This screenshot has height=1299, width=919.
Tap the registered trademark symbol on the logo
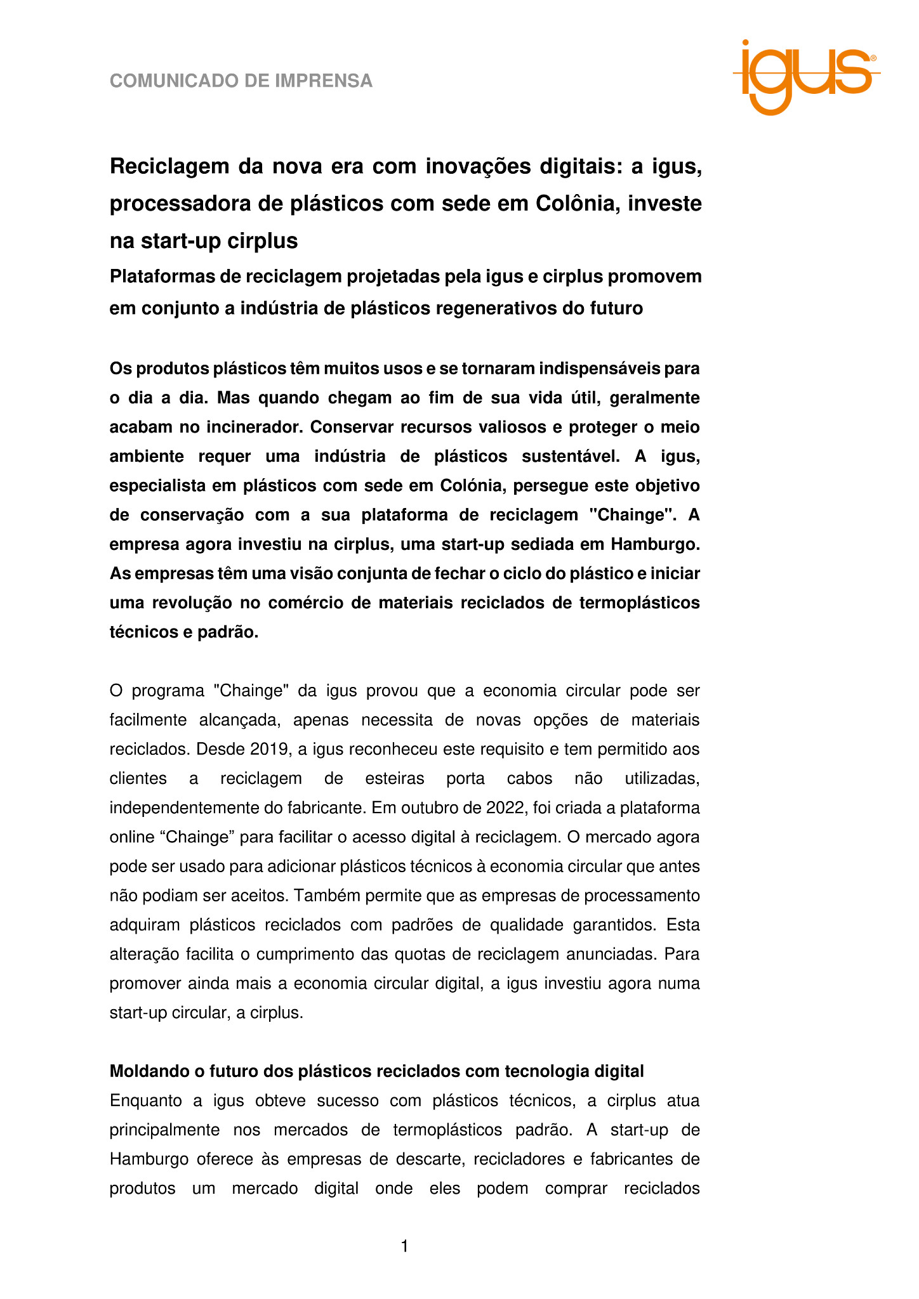(x=873, y=58)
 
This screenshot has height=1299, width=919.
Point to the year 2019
(x=270, y=749)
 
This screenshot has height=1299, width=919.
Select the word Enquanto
(x=145, y=1100)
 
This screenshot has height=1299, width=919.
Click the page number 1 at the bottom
(x=404, y=1247)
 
